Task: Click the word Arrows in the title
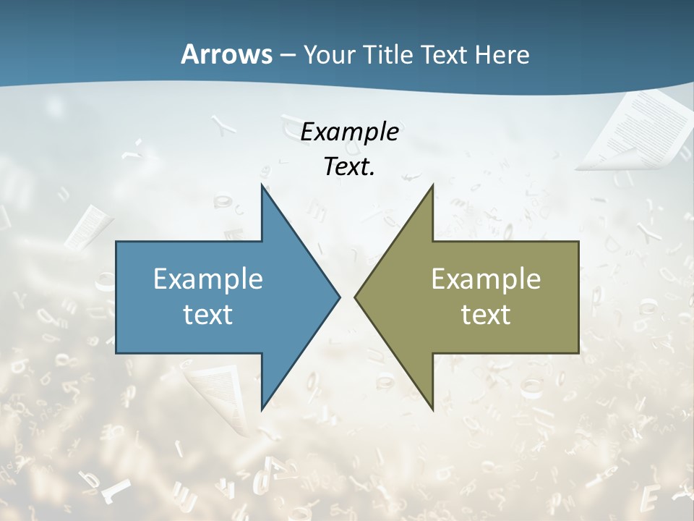(226, 54)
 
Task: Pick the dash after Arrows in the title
(287, 56)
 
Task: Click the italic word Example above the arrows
(350, 132)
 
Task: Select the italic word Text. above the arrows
(350, 167)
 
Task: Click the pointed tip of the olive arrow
(356, 297)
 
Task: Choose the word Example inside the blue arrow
(208, 279)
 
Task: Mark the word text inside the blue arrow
(208, 315)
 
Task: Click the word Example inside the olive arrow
(486, 279)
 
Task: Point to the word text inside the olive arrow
(486, 315)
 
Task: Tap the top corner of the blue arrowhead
(262, 186)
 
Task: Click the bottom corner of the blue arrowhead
(262, 409)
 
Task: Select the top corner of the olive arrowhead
(432, 186)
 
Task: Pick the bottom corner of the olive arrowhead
(432, 409)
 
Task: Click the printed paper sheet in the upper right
(636, 130)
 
